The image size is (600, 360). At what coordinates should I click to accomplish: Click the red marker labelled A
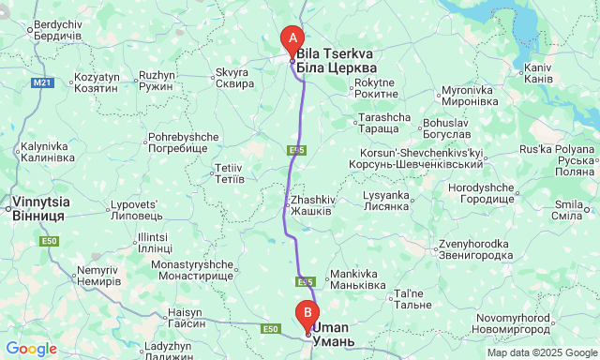[x=292, y=39]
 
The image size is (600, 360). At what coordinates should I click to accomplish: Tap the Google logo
[x=31, y=349]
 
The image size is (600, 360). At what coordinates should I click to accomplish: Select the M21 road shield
[x=42, y=83]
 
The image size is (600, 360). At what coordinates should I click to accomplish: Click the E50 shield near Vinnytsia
[x=51, y=242]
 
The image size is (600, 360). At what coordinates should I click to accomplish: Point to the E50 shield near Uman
[x=271, y=328]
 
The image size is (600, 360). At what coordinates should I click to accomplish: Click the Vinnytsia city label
[x=38, y=209]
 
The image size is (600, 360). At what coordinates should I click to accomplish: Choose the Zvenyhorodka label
[x=475, y=249]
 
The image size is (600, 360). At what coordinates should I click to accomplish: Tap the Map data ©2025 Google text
[x=541, y=352]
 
